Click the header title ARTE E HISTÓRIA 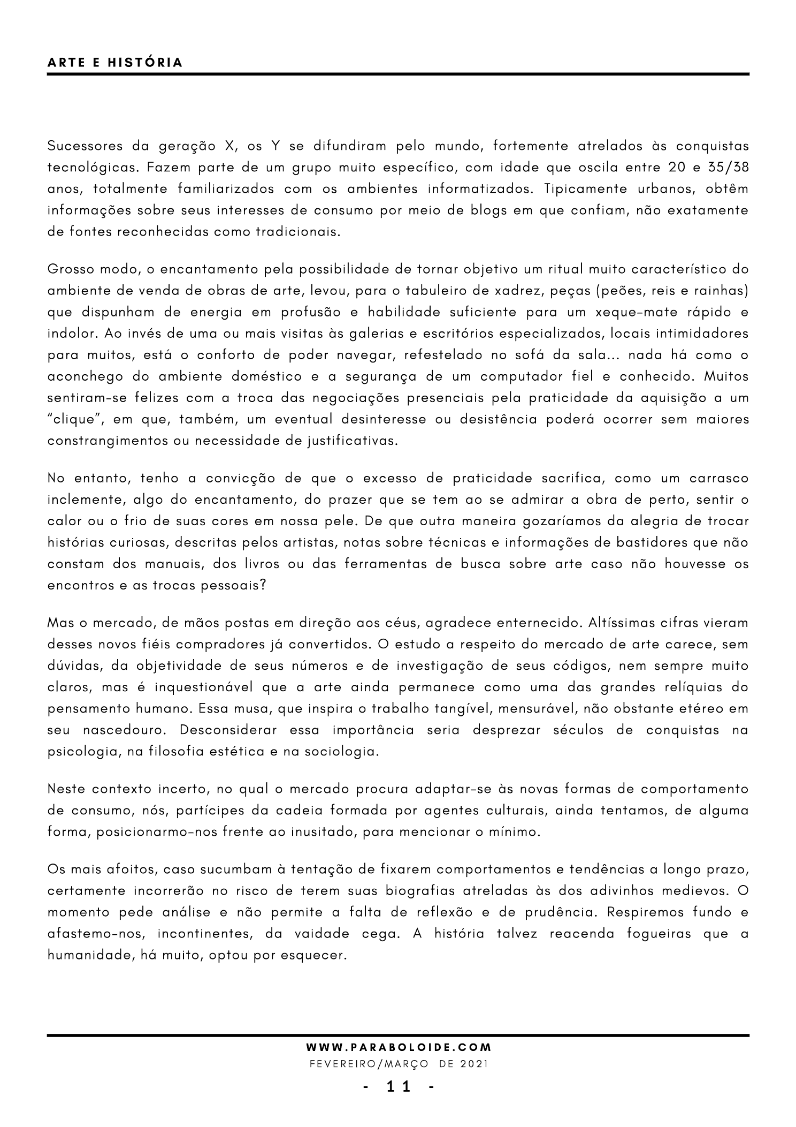115,63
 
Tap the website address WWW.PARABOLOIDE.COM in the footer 399,1046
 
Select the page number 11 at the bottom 399,1086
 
